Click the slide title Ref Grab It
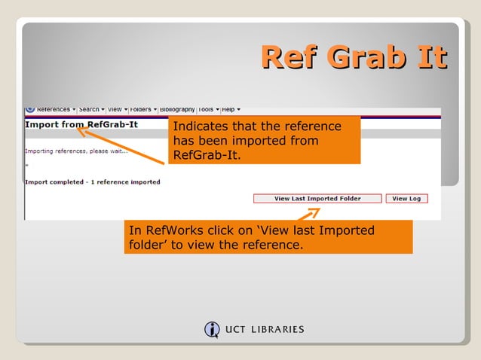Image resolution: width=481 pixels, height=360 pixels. point(354,57)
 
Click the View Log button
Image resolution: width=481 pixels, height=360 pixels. point(406,199)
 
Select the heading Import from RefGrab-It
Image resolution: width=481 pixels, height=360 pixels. point(81,124)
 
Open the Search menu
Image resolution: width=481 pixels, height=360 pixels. point(91,109)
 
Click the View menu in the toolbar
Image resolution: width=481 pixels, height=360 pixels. point(117,109)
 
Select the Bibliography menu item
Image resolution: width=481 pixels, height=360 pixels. point(176,109)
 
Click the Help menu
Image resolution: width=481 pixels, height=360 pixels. point(231,109)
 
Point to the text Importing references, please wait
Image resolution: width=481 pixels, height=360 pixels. point(76,151)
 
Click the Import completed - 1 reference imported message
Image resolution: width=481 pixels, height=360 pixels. point(93,182)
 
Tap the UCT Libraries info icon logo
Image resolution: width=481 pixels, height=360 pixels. point(212,329)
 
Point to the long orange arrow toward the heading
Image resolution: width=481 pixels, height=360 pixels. point(121,146)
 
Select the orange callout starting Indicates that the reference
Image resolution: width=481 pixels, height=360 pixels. point(264,141)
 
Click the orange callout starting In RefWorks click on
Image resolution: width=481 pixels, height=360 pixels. point(268,237)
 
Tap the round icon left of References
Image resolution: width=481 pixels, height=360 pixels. point(30,109)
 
